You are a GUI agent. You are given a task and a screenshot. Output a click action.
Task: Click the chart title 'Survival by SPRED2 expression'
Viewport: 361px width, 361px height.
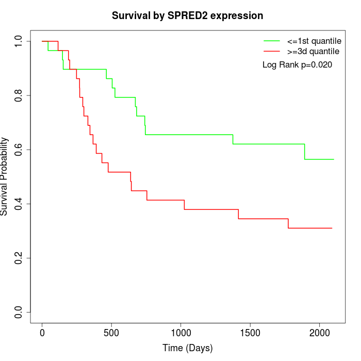pos(188,16)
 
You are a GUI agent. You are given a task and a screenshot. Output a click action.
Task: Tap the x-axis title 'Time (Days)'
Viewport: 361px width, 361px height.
pos(188,348)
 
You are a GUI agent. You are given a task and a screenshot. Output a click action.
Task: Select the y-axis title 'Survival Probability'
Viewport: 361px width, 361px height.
pos(5,176)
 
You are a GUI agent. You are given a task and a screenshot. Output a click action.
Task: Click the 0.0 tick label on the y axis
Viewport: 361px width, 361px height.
pos(19,312)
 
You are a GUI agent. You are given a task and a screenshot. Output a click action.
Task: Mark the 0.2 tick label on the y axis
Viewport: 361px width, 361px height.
pos(19,258)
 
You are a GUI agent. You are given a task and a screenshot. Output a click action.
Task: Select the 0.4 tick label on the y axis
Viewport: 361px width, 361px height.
pos(19,204)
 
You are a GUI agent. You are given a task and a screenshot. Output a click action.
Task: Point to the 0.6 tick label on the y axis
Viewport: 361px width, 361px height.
pos(19,150)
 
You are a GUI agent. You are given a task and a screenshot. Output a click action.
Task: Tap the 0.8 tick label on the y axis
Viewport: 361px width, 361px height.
pos(19,95)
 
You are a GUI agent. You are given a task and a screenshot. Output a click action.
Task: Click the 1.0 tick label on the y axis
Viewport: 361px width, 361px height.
pos(19,41)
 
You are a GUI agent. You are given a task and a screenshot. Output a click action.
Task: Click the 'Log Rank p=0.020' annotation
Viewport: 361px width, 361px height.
pos(297,65)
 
